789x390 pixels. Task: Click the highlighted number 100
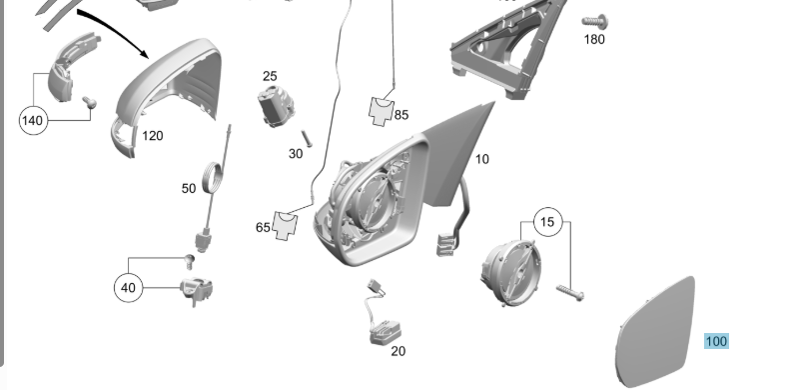tap(716, 342)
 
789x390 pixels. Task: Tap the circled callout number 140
tap(33, 120)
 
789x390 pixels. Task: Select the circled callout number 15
tap(547, 222)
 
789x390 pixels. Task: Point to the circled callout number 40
tap(128, 288)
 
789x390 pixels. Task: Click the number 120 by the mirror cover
tap(153, 136)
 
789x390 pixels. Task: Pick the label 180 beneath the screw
tap(594, 39)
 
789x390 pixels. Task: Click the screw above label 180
tap(595, 22)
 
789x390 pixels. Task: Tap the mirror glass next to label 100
tap(655, 332)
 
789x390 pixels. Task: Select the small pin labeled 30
tap(307, 139)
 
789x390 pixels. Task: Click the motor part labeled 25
tap(276, 106)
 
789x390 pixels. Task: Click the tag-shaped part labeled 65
tap(285, 225)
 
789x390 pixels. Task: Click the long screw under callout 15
tap(570, 292)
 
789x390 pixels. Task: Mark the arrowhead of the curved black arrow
tap(144, 53)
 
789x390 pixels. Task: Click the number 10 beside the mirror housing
tap(482, 159)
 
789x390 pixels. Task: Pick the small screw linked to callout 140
tap(90, 102)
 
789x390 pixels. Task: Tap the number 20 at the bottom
tap(398, 351)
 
